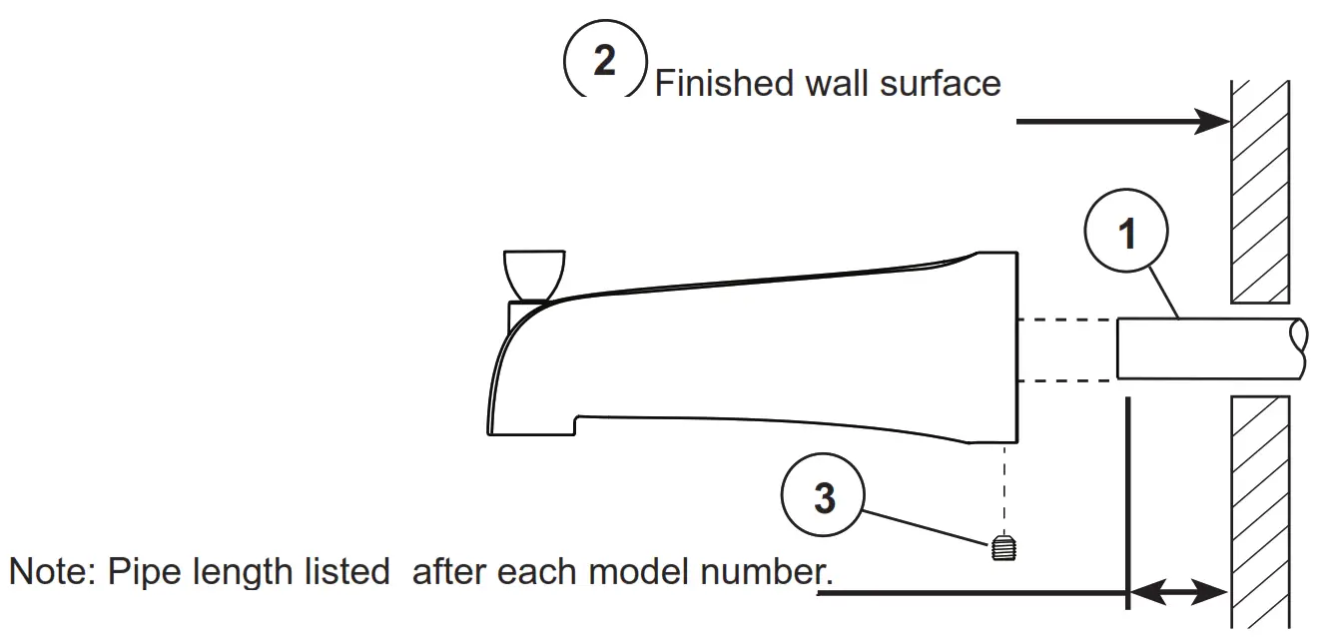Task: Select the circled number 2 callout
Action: [605, 59]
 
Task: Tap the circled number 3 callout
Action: [824, 496]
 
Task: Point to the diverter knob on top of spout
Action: [534, 274]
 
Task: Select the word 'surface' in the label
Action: [940, 83]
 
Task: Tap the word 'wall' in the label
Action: [838, 83]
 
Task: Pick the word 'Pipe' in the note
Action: [140, 572]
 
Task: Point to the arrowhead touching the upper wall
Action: [1214, 122]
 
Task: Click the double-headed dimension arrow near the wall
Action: [1179, 593]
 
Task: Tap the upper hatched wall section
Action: [1260, 190]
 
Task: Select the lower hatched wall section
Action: [1260, 509]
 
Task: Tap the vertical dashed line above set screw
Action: [1000, 489]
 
